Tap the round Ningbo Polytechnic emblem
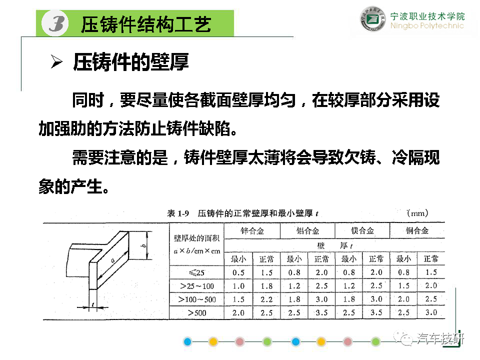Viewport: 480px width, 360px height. point(372,19)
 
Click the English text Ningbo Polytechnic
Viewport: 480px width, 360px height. point(427,25)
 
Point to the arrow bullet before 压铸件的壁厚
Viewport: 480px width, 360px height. point(56,62)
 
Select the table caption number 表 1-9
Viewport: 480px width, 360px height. point(178,213)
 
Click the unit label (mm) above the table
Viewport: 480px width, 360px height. point(417,213)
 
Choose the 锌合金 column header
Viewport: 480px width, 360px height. point(252,231)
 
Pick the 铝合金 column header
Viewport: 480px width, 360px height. point(307,231)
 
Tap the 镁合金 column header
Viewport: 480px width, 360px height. point(362,230)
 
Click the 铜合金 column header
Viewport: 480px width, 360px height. point(417,230)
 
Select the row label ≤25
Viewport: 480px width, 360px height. point(196,272)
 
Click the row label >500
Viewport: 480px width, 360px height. point(197,313)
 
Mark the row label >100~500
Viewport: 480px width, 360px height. point(197,299)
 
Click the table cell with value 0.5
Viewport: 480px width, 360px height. point(238,272)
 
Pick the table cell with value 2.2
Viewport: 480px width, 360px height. point(266,299)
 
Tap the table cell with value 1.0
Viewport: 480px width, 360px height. point(238,286)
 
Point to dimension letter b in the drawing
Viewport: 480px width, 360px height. point(143,245)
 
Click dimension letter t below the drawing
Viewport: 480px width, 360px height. point(93,304)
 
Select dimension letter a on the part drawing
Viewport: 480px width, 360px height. point(113,260)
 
